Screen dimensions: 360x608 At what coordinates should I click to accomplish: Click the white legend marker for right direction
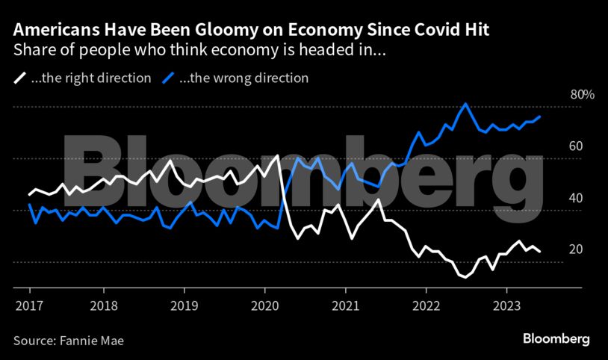click(x=20, y=78)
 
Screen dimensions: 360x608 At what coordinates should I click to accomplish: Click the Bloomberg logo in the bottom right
click(x=556, y=339)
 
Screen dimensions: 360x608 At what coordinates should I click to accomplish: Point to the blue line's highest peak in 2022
click(x=465, y=104)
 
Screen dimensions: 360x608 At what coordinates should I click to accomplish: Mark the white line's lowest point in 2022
click(x=465, y=277)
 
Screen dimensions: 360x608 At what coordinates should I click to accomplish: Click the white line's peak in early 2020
click(x=278, y=155)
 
